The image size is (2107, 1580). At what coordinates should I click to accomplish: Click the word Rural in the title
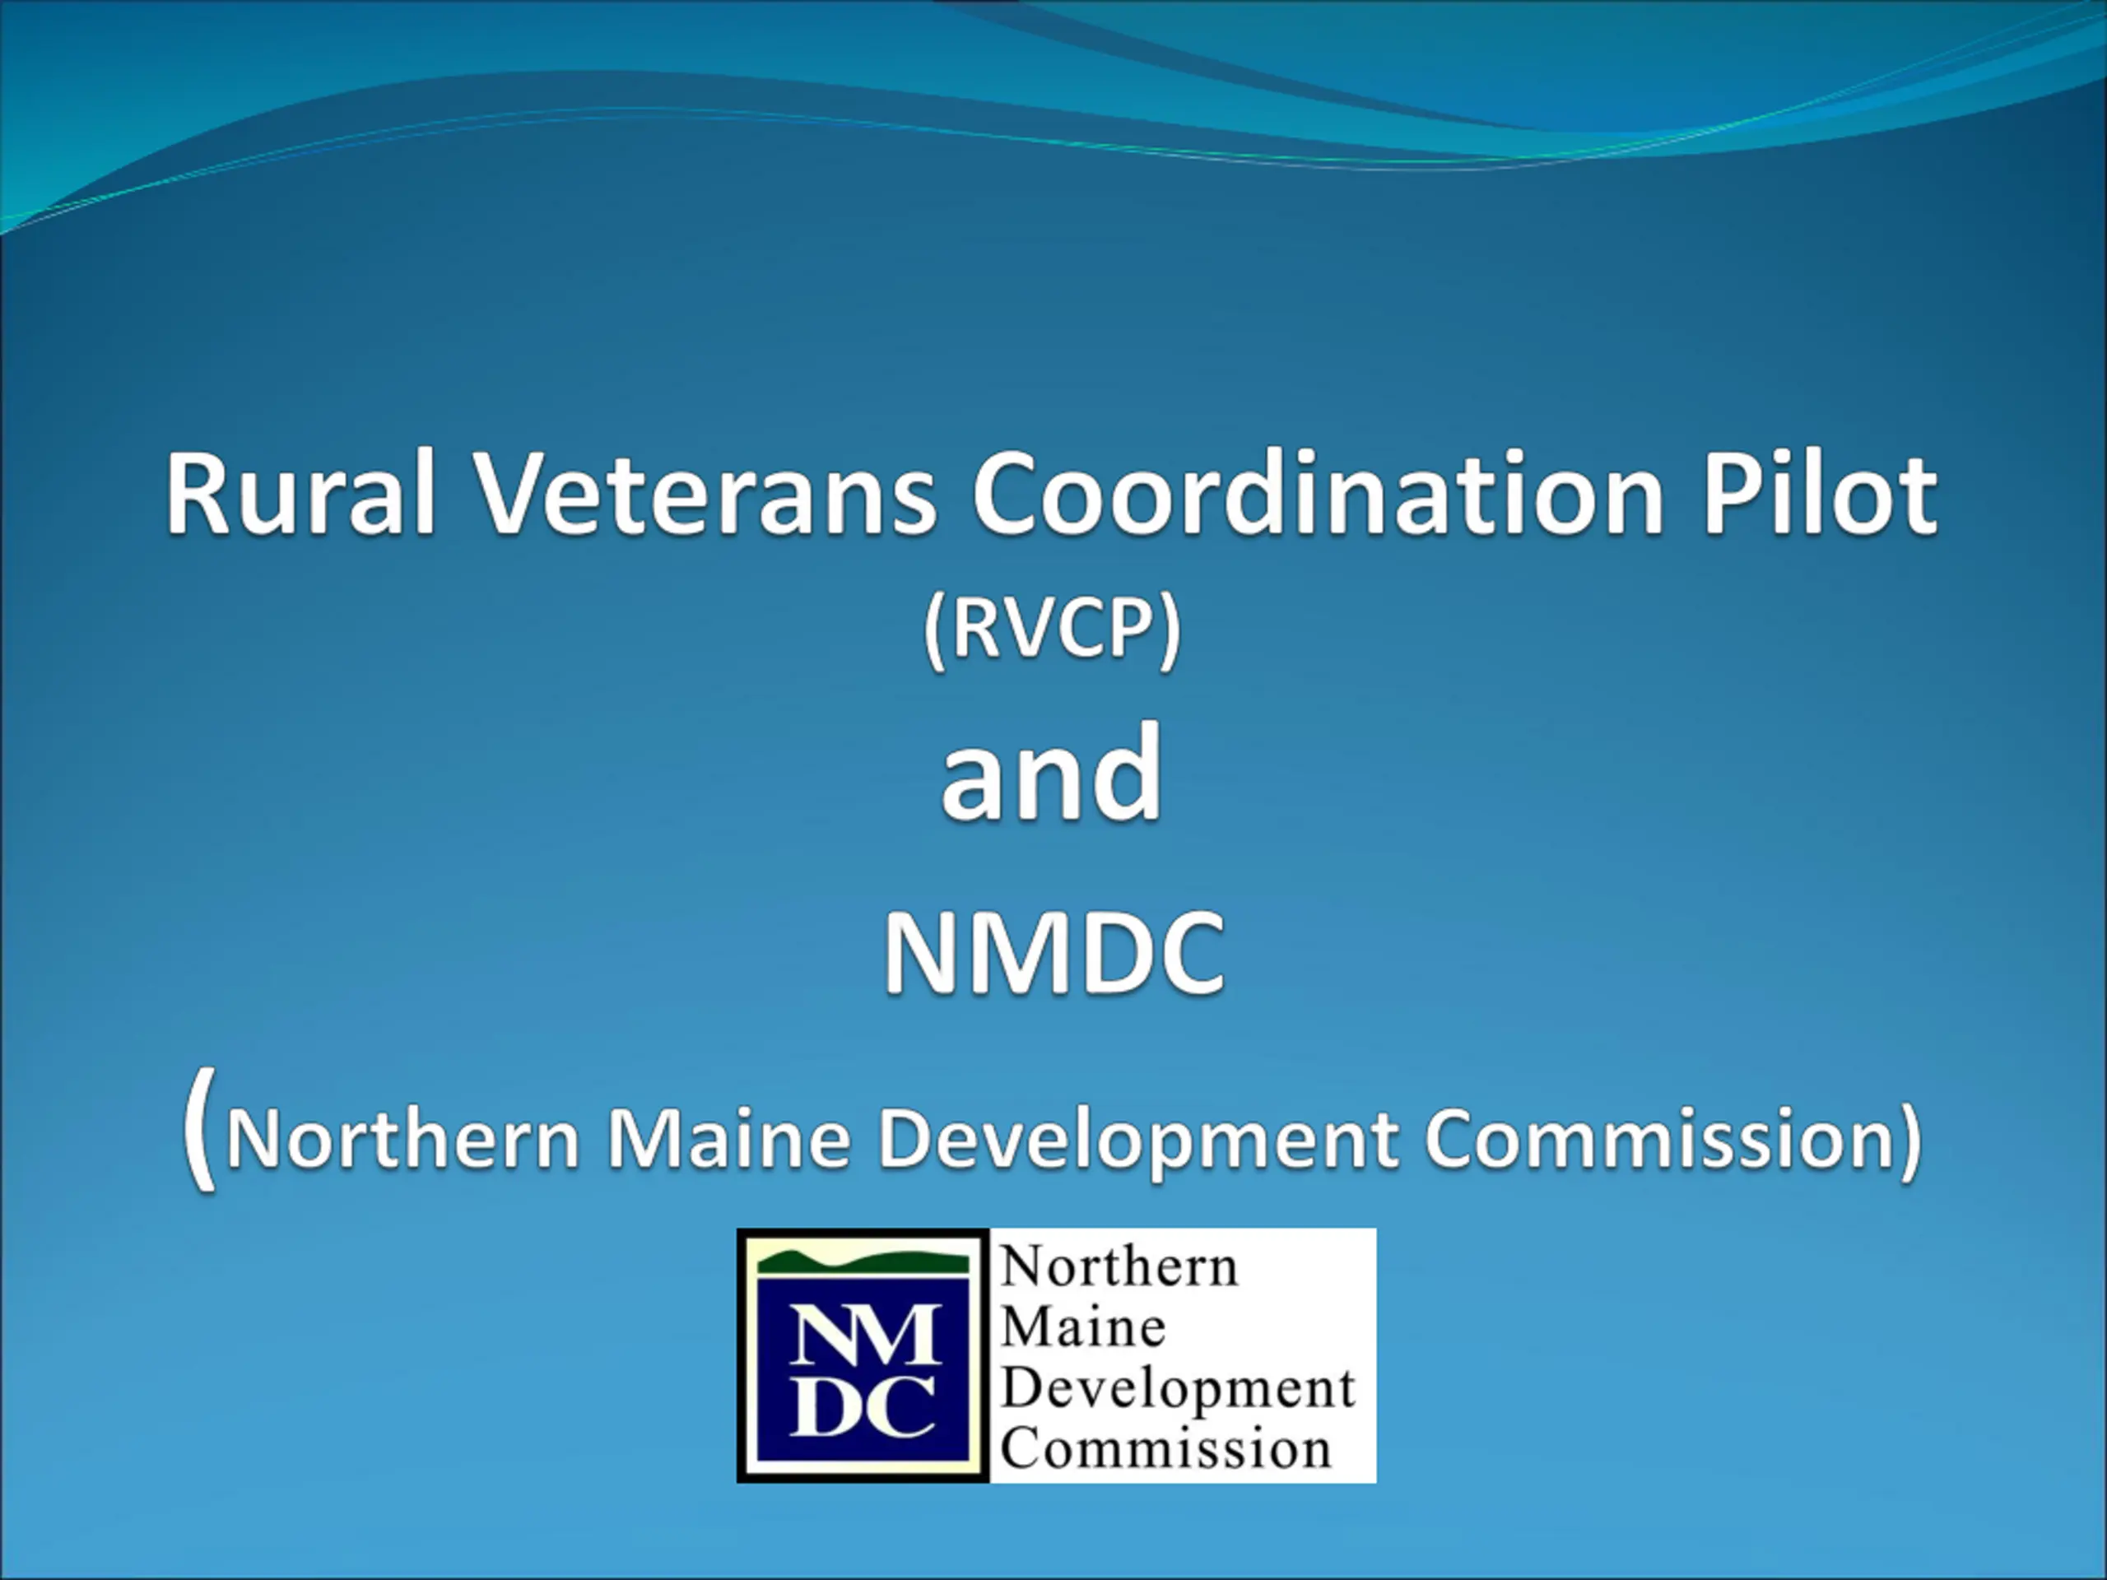(x=301, y=493)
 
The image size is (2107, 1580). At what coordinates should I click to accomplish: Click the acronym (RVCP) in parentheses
(x=1053, y=630)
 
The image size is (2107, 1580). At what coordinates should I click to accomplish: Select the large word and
(x=1053, y=771)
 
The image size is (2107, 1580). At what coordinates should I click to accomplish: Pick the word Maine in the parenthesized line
(x=728, y=1137)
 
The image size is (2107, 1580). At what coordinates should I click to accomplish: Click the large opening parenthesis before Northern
(x=200, y=1127)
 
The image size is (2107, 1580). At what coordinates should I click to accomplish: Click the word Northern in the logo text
(x=1119, y=1267)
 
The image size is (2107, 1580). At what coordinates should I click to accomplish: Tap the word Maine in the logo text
(x=1083, y=1327)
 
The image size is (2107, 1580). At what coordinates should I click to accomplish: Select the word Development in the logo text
(x=1177, y=1391)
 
